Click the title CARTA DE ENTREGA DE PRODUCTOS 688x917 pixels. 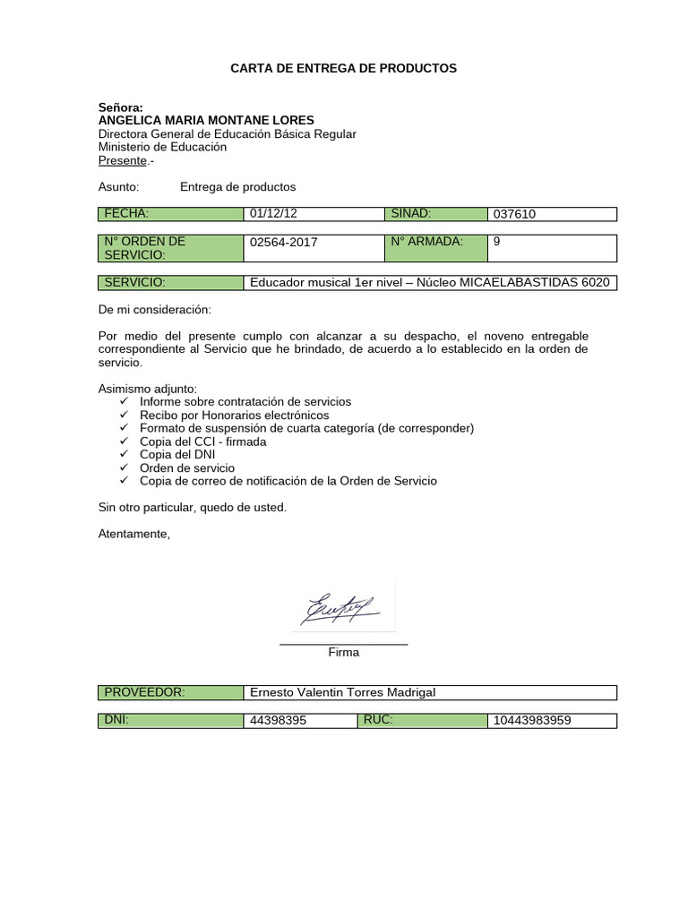click(344, 68)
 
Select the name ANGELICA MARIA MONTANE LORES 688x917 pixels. click(206, 121)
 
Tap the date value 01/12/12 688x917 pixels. click(273, 214)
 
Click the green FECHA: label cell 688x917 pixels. click(170, 214)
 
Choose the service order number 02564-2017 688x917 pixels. click(284, 242)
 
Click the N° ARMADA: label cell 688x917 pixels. click(436, 242)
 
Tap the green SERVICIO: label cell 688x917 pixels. click(170, 283)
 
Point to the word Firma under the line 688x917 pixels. click(344, 653)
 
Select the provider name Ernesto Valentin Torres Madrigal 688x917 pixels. click(342, 693)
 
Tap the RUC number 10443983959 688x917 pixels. click(532, 721)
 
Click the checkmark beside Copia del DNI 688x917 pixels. click(124, 455)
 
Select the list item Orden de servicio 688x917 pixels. click(187, 468)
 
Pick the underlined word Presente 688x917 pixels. click(122, 161)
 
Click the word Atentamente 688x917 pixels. click(133, 534)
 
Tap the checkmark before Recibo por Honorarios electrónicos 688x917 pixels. click(124, 416)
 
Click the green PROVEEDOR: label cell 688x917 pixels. click(170, 693)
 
